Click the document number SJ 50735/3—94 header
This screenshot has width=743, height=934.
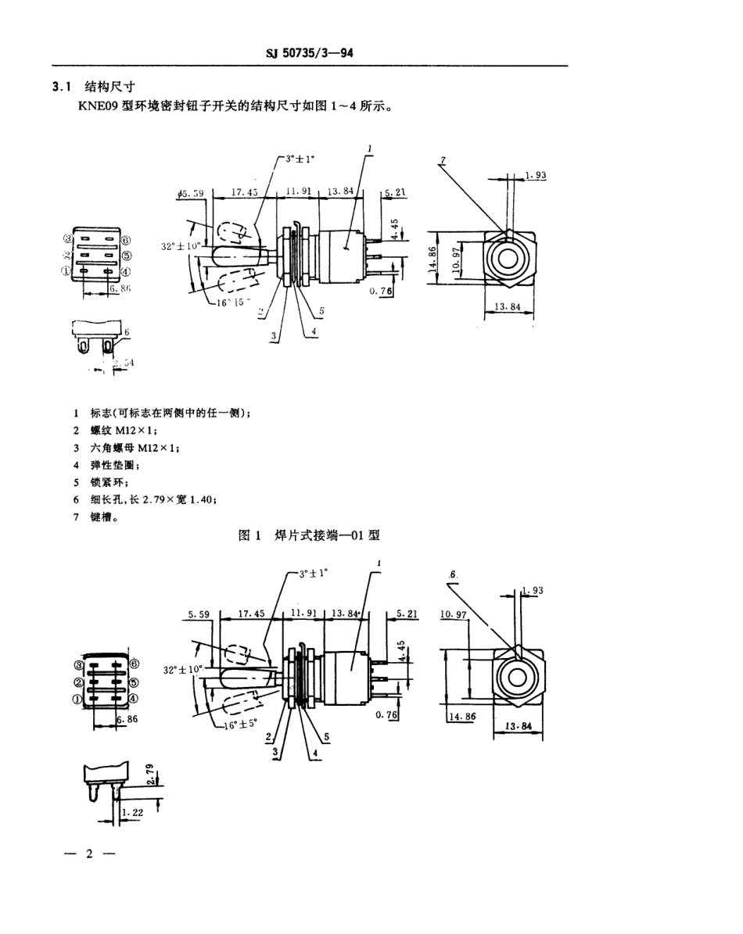(x=312, y=53)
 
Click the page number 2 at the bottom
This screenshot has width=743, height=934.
(x=88, y=853)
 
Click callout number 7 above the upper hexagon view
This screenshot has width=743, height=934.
(x=442, y=160)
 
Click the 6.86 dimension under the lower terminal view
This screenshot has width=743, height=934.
(x=127, y=718)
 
